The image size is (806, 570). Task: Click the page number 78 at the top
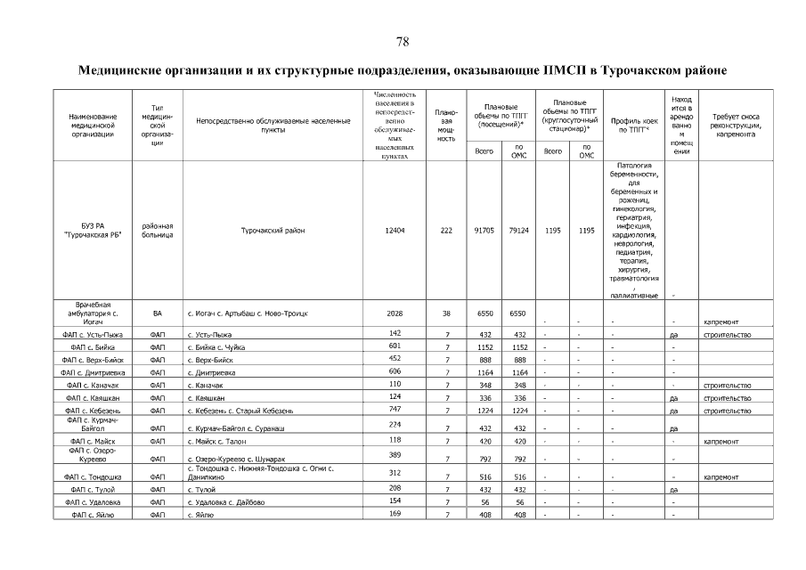[403, 42]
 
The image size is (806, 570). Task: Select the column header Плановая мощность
[446, 125]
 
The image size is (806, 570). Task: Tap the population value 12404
[395, 230]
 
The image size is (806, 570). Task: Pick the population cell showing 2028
[395, 313]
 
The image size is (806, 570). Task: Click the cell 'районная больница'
[157, 230]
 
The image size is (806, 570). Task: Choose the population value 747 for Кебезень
[395, 409]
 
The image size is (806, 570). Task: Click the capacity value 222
[446, 230]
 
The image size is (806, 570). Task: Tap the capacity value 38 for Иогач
[446, 313]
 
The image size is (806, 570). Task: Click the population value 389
[395, 454]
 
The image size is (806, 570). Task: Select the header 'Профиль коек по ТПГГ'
[634, 125]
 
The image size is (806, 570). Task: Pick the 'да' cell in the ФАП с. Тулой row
[674, 490]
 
